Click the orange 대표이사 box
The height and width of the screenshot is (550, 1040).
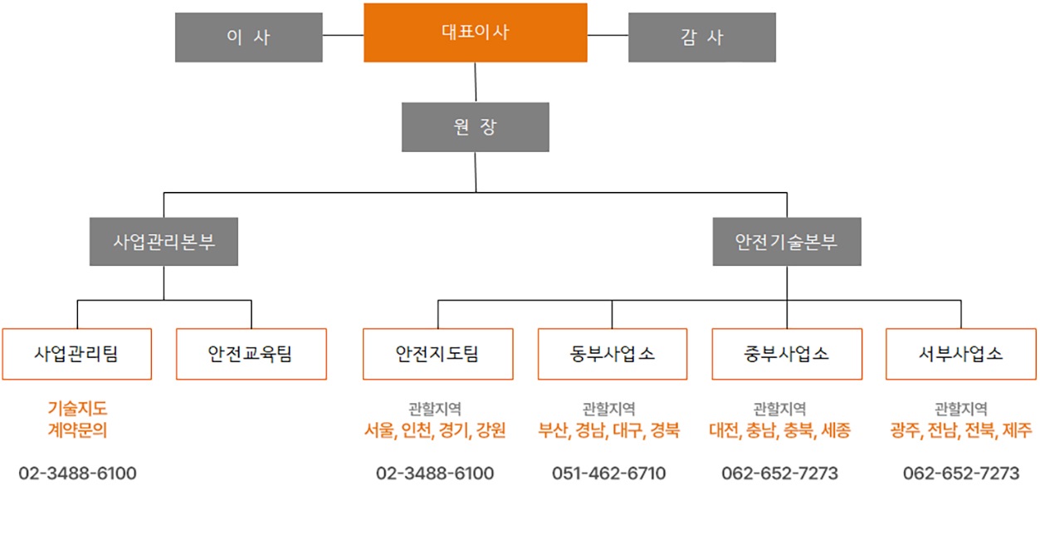tap(475, 32)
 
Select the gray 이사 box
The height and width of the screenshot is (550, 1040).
tap(248, 37)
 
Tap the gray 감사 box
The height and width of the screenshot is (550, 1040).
tap(701, 37)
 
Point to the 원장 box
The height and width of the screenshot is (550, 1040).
tap(475, 127)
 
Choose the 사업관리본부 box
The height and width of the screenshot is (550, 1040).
tap(164, 242)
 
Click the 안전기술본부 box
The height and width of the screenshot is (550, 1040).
tap(786, 242)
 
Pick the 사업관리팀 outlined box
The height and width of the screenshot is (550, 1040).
tap(76, 354)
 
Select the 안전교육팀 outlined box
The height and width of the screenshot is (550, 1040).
tap(251, 354)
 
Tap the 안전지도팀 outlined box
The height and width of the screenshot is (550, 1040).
tap(437, 354)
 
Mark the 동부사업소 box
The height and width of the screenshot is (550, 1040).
tap(612, 354)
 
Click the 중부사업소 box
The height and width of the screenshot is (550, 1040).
tap(786, 354)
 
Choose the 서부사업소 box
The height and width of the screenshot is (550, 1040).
tap(960, 354)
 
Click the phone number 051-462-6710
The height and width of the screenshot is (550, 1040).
tap(608, 474)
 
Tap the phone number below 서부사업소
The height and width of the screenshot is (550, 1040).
tap(960, 474)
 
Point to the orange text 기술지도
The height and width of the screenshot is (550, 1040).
tap(77, 409)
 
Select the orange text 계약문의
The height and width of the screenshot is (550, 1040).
tap(77, 430)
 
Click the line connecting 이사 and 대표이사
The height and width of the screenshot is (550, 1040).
tap(343, 36)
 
